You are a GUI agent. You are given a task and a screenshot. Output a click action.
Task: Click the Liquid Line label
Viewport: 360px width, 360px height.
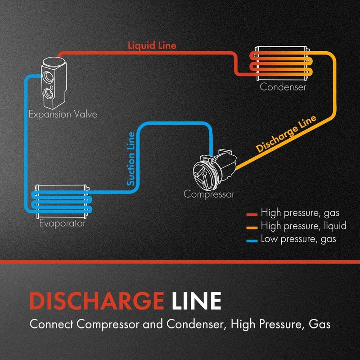(152, 45)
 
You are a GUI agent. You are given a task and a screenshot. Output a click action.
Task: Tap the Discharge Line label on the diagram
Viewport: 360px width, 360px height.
(287, 134)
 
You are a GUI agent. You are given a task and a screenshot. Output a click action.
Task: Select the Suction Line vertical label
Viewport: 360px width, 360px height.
(131, 159)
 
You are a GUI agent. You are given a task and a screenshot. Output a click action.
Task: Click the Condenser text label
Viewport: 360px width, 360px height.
(283, 87)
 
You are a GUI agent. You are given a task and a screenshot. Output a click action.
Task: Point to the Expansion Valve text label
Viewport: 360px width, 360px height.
(63, 114)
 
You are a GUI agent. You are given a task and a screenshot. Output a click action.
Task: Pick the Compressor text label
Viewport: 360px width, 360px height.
(209, 194)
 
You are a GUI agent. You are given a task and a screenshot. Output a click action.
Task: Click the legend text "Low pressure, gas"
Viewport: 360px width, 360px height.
(298, 239)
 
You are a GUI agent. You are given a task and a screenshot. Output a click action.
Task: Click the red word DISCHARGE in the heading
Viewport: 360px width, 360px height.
(95, 301)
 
